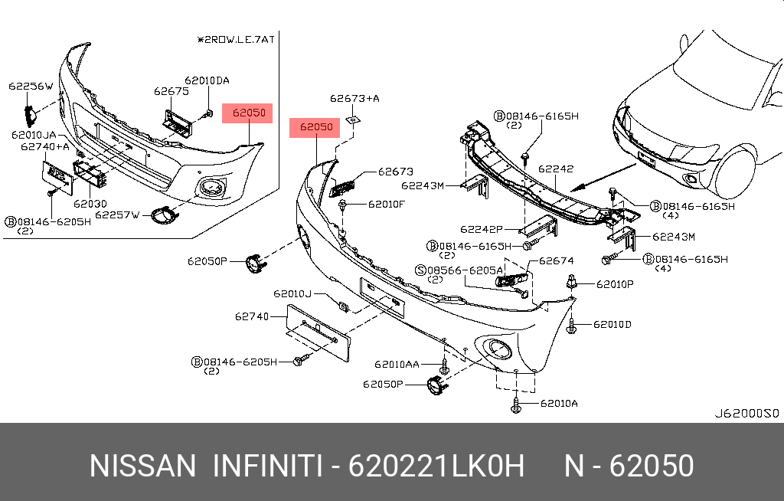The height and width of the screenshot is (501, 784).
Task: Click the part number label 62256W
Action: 31,86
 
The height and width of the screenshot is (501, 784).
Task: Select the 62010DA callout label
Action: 206,80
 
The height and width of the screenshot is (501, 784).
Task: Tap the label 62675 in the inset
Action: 171,90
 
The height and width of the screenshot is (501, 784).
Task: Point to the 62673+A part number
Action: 354,98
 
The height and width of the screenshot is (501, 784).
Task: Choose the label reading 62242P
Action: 481,229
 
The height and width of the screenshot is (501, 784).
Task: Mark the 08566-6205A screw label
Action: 465,270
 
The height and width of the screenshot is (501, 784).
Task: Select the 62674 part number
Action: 556,261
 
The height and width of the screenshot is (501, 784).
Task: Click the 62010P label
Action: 615,284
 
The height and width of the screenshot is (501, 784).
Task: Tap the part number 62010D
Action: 612,325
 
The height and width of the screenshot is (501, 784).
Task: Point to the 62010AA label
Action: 397,364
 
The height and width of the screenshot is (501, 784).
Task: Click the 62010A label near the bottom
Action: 559,403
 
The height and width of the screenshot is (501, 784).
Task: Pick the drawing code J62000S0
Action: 746,413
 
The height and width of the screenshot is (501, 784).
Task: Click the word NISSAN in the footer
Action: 142,466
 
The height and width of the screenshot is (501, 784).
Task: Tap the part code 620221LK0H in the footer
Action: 436,466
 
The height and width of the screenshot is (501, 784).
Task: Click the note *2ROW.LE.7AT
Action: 234,38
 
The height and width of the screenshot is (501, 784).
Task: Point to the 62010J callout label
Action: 292,293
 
